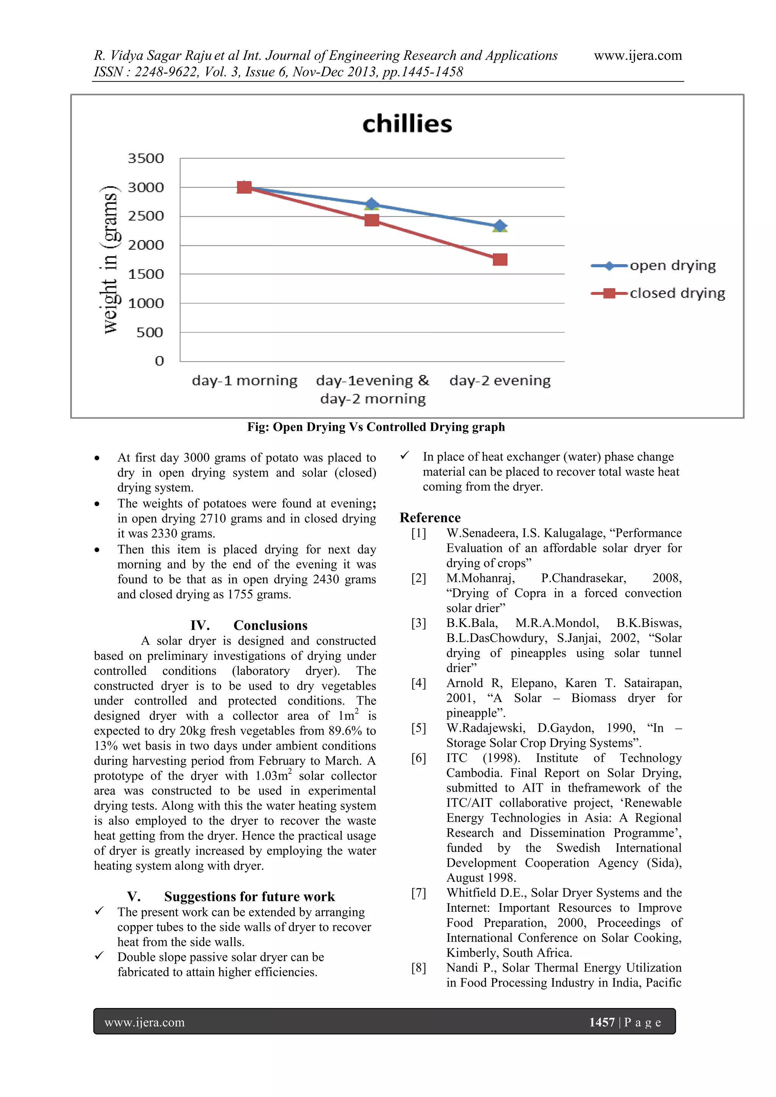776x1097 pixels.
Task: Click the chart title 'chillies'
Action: (407, 124)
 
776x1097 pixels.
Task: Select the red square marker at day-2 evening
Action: (500, 259)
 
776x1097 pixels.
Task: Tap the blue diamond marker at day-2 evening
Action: (500, 225)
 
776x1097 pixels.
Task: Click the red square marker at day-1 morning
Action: (244, 187)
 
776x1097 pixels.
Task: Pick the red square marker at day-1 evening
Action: (372, 220)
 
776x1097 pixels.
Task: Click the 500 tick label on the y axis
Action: (150, 333)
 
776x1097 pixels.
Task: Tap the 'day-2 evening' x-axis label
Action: (500, 381)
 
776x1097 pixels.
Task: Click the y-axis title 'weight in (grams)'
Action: (110, 259)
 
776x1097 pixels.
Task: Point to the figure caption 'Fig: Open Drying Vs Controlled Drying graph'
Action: (375, 427)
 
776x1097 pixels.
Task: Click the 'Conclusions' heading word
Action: (271, 625)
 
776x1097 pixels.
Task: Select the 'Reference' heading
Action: (430, 518)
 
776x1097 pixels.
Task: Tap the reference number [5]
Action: (419, 728)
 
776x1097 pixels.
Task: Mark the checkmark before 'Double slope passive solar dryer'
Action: (99, 956)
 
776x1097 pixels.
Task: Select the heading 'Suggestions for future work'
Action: (249, 897)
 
